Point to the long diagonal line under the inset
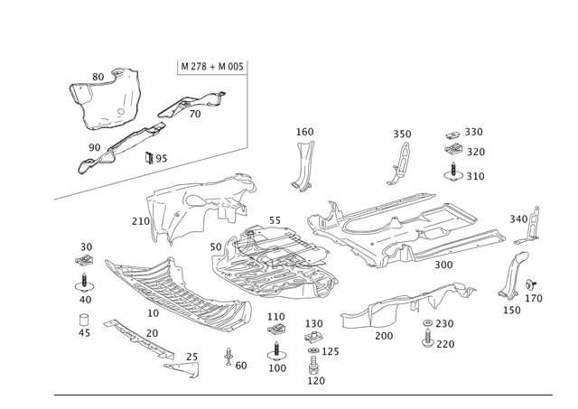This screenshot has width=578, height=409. [135, 175]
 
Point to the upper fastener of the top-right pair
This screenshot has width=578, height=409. [453, 140]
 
